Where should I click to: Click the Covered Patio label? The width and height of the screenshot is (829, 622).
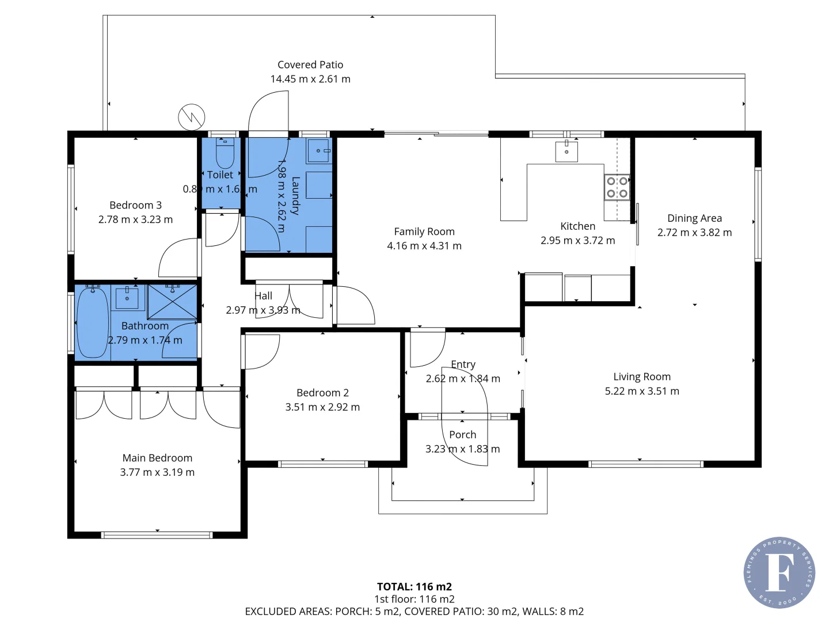pyautogui.click(x=310, y=65)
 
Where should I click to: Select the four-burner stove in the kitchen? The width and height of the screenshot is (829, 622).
pyautogui.click(x=617, y=187)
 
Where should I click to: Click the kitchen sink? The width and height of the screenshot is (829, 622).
pyautogui.click(x=566, y=151)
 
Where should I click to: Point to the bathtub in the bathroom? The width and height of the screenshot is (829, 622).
pyautogui.click(x=92, y=323)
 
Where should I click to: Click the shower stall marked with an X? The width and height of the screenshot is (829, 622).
pyautogui.click(x=172, y=302)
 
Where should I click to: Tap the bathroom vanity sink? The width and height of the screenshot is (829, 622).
pyautogui.click(x=127, y=298)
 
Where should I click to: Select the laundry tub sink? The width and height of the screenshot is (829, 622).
pyautogui.click(x=318, y=151)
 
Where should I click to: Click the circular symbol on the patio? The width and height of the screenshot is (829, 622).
pyautogui.click(x=191, y=117)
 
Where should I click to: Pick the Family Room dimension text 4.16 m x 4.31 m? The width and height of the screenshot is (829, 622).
pyautogui.click(x=424, y=246)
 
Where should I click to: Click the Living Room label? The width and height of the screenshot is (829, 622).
pyautogui.click(x=642, y=377)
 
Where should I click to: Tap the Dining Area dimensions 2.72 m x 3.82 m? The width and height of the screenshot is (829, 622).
pyautogui.click(x=694, y=233)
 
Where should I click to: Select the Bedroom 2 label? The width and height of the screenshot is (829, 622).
pyautogui.click(x=322, y=393)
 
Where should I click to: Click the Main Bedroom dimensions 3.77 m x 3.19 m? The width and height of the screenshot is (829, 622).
pyautogui.click(x=157, y=472)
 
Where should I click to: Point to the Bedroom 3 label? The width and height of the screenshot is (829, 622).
pyautogui.click(x=135, y=205)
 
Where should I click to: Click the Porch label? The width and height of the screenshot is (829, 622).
pyautogui.click(x=462, y=435)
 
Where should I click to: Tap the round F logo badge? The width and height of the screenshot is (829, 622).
pyautogui.click(x=779, y=572)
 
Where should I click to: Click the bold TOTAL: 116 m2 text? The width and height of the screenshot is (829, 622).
pyautogui.click(x=414, y=586)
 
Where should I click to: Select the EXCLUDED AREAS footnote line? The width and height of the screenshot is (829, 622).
pyautogui.click(x=414, y=611)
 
